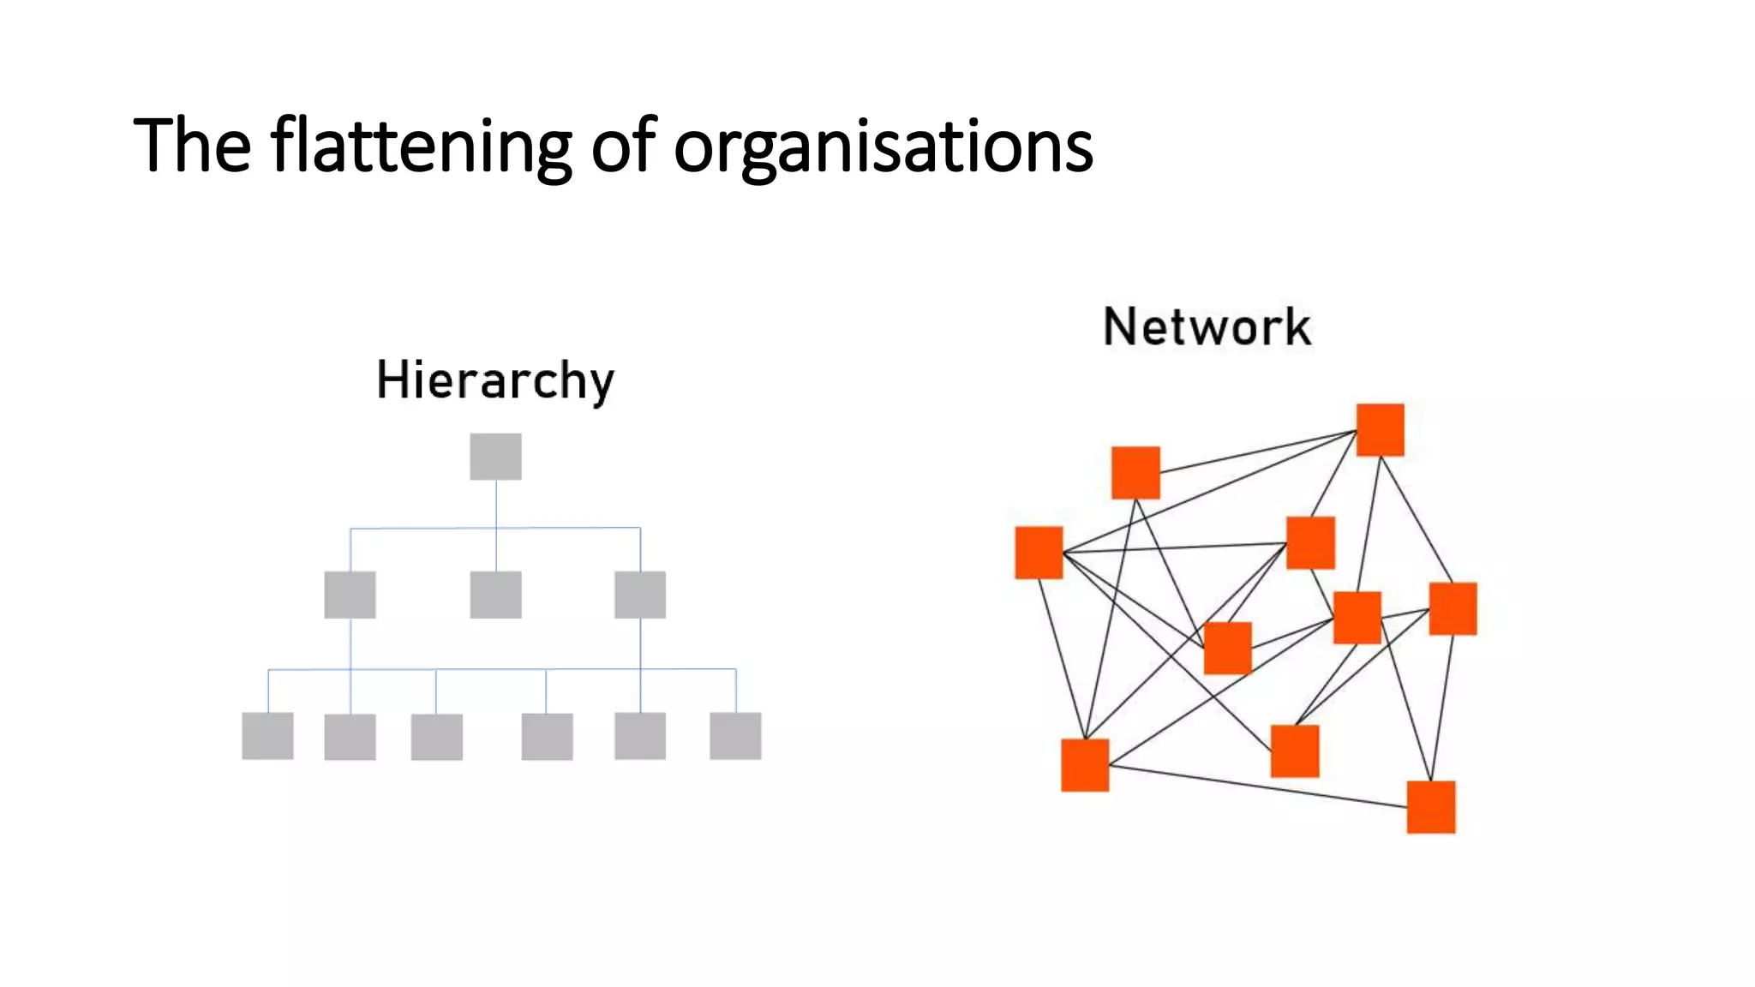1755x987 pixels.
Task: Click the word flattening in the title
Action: (420, 146)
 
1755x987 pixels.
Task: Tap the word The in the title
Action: (192, 146)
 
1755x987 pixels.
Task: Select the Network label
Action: (1207, 326)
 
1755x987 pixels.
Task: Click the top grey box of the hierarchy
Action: (495, 456)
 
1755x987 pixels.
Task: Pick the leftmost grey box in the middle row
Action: (350, 595)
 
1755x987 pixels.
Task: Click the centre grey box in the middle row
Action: (495, 595)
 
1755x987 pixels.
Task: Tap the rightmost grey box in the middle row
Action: (640, 595)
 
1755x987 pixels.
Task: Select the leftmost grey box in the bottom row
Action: (267, 736)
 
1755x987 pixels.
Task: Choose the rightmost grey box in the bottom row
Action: (735, 736)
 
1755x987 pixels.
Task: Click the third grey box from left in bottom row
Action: (436, 737)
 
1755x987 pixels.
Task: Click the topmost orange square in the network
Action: (1380, 430)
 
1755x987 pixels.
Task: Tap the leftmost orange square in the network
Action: (1039, 553)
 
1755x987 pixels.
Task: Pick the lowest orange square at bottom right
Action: (1430, 806)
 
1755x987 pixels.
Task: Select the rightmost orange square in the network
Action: (1453, 608)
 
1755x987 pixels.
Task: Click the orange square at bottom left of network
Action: (1085, 764)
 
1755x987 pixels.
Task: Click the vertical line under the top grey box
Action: (496, 505)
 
